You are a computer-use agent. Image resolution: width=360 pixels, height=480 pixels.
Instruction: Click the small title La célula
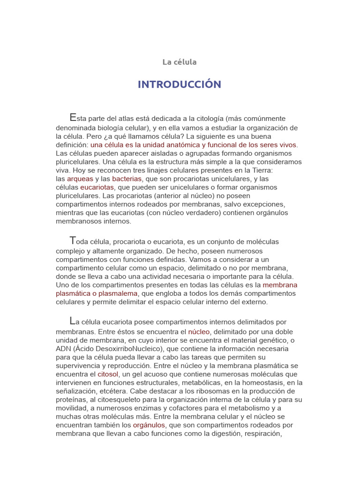click(180, 62)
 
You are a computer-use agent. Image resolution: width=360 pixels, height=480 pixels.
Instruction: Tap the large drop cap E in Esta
click(72, 118)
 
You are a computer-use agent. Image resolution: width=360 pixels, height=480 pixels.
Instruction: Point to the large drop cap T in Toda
click(72, 241)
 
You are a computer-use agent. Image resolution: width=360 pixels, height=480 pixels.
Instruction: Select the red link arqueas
click(80, 179)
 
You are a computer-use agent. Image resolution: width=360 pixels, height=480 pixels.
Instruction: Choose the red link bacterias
click(127, 179)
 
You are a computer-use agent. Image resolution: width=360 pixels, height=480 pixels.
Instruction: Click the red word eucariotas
click(97, 187)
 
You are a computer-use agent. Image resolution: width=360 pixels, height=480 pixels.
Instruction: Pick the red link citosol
click(108, 375)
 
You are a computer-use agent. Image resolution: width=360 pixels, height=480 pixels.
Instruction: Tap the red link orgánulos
click(149, 425)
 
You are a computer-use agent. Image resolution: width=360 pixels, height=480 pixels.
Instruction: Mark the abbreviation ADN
click(64, 349)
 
